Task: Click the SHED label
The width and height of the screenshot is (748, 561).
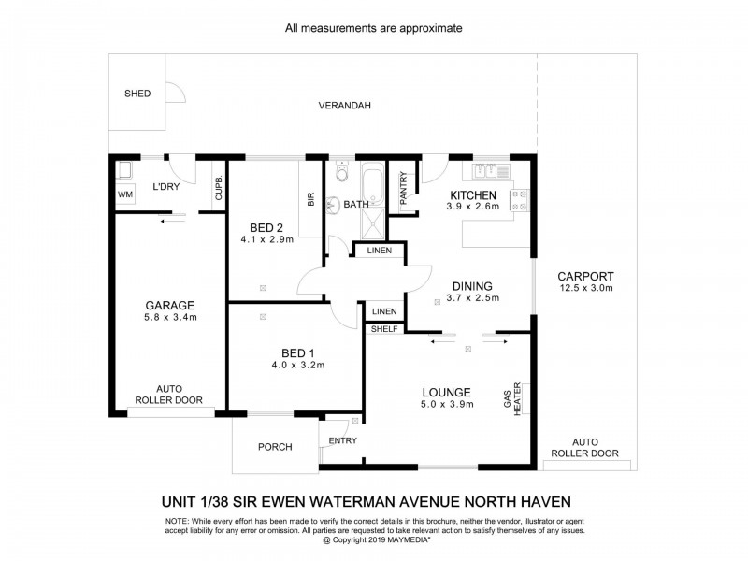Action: click(137, 93)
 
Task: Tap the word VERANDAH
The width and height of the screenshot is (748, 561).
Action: click(344, 106)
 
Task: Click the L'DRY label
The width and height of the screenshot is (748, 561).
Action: click(165, 187)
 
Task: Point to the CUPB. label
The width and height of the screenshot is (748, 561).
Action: click(219, 188)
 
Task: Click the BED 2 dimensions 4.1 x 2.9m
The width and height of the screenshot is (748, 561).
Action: click(266, 239)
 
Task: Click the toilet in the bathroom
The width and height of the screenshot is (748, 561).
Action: click(342, 174)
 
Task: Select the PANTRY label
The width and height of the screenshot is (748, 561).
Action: click(404, 188)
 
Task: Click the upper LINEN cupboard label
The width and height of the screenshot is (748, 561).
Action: click(379, 252)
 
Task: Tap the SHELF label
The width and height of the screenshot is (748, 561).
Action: click(384, 329)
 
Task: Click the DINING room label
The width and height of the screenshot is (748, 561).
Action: click(472, 286)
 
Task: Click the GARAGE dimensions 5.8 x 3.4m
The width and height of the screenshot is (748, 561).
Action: click(169, 318)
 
